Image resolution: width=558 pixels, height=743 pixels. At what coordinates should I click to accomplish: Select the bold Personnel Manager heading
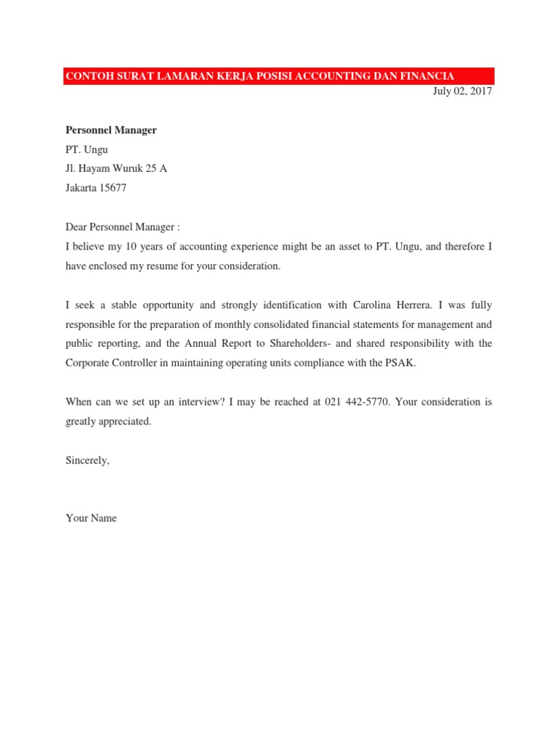[x=111, y=131]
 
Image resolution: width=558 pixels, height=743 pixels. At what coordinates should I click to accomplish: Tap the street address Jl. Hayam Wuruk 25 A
[x=116, y=169]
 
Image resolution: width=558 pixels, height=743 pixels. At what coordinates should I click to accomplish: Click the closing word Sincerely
[x=87, y=460]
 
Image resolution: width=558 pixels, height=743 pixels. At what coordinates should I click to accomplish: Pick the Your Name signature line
[x=91, y=518]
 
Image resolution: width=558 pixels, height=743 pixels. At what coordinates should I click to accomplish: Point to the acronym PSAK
[x=402, y=363]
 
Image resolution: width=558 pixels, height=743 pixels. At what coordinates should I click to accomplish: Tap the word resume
[x=177, y=266]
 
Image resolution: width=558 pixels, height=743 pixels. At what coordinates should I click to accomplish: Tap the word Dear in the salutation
[x=76, y=228]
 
